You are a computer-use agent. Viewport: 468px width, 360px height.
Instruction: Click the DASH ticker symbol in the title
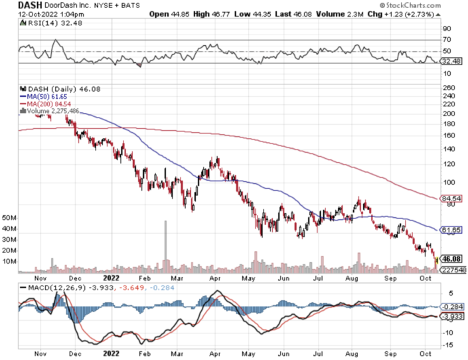pyautogui.click(x=14, y=5)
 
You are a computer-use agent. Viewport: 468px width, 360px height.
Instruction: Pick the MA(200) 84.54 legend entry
pyautogui.click(x=47, y=104)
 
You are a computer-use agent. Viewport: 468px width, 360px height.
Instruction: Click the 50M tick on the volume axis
pyautogui.click(x=9, y=217)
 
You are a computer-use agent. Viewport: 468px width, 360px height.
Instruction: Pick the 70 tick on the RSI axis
pyautogui.click(x=446, y=41)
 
